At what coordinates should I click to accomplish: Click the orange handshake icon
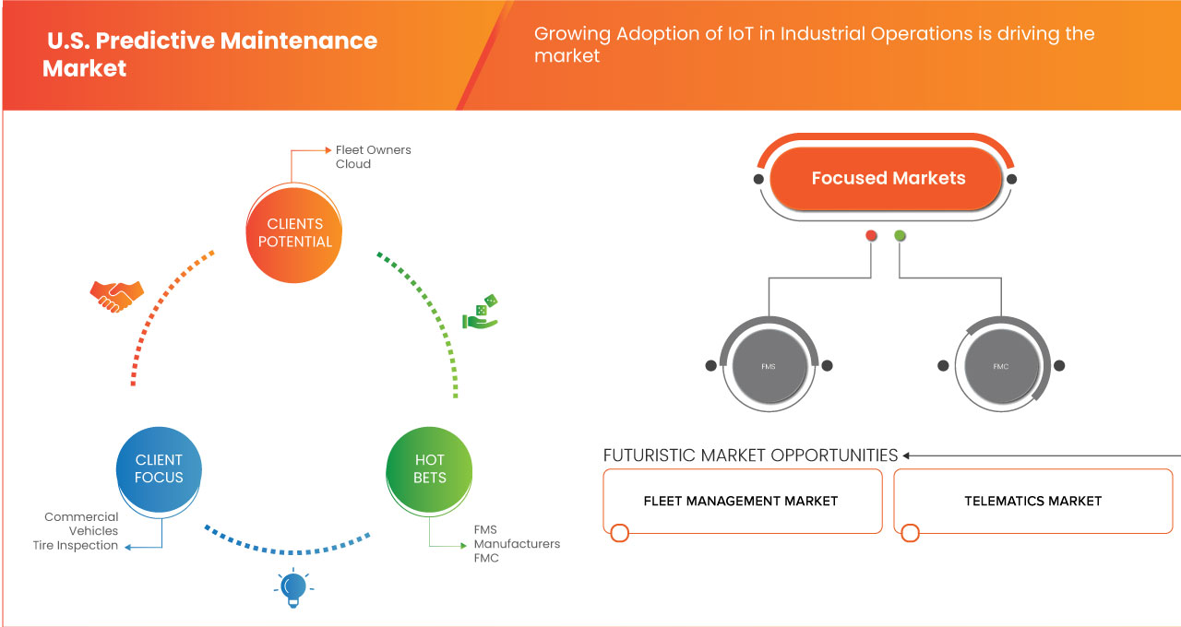(x=116, y=296)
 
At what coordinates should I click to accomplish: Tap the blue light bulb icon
(x=293, y=588)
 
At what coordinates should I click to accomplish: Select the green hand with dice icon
(x=481, y=312)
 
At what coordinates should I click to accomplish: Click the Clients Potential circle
(x=294, y=234)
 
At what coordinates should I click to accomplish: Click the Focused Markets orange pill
(x=886, y=179)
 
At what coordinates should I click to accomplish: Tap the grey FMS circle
(x=769, y=366)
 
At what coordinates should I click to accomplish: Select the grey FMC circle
(x=1001, y=366)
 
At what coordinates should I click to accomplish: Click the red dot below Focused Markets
(x=871, y=235)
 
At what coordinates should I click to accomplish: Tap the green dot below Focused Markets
(x=900, y=235)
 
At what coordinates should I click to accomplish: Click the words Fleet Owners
(x=374, y=150)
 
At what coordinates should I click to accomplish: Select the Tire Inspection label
(x=76, y=545)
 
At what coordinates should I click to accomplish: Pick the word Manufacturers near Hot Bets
(x=517, y=544)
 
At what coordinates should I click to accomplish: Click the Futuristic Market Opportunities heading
(x=750, y=455)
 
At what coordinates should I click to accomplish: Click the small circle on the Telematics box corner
(x=910, y=533)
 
